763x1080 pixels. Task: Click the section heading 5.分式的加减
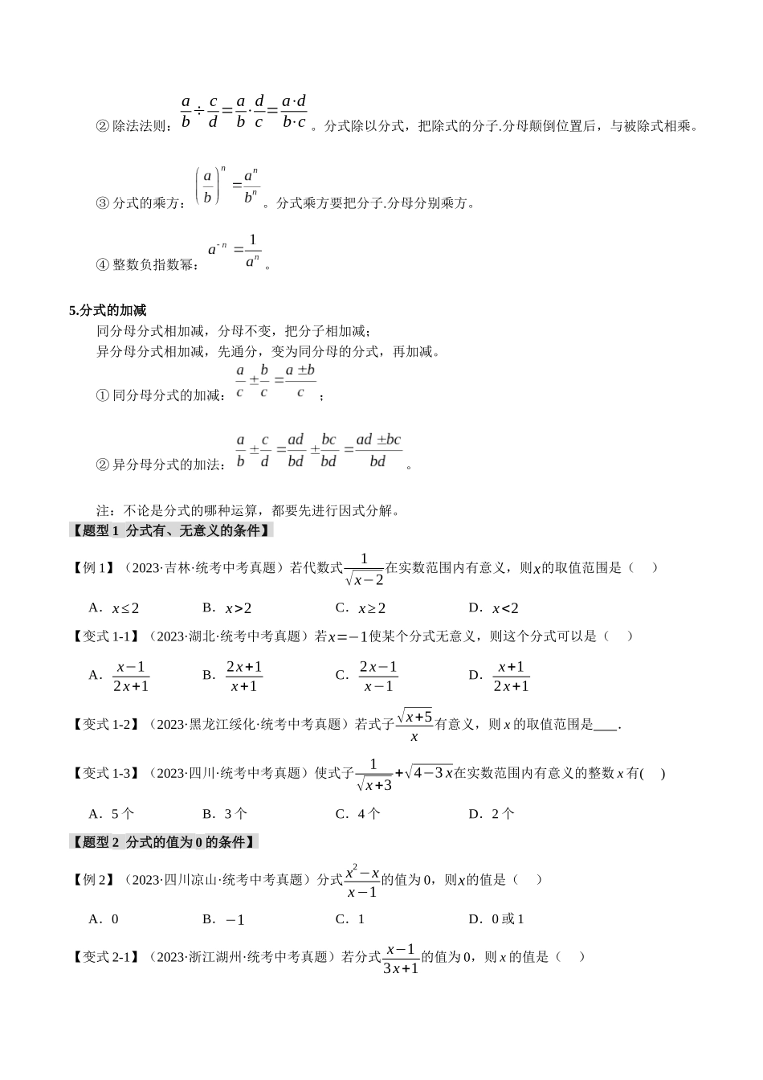pyautogui.click(x=108, y=310)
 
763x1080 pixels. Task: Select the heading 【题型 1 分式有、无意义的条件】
pyautogui.click(x=170, y=530)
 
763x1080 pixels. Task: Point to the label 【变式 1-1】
pyautogui.click(x=105, y=636)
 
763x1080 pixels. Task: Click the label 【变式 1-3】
pyautogui.click(x=105, y=773)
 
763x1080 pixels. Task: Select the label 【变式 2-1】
pyautogui.click(x=105, y=957)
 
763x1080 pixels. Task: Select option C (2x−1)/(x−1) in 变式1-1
pyautogui.click(x=377, y=677)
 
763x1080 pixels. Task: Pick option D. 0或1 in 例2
pyautogui.click(x=496, y=919)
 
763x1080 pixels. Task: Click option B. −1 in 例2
pyautogui.click(x=224, y=919)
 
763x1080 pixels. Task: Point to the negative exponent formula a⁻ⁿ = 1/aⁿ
pyautogui.click(x=235, y=251)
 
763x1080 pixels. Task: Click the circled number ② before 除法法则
pyautogui.click(x=102, y=126)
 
